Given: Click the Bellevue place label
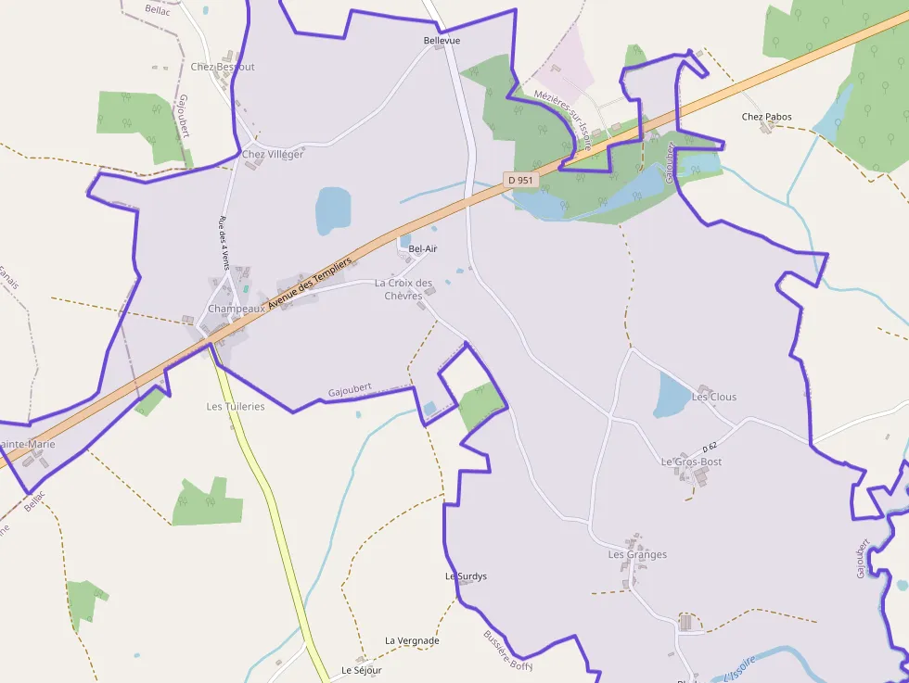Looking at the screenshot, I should [442, 41].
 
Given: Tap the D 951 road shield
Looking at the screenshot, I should [521, 180].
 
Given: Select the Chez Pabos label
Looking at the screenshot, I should [767, 117].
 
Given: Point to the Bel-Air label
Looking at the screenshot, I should [422, 248].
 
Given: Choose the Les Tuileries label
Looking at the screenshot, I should [235, 406].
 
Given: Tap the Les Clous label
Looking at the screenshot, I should [714, 397].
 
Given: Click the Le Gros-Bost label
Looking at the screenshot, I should [691, 462].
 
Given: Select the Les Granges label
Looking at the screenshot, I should [637, 554].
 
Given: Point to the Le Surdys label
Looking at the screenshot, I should [466, 576].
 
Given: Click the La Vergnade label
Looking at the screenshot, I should [412, 640].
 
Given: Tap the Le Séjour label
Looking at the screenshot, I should [361, 669].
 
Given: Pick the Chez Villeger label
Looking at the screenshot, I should [273, 155].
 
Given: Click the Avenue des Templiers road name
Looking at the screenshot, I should [310, 284].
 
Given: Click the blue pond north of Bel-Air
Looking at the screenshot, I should [333, 210].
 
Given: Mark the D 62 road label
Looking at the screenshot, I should [711, 448].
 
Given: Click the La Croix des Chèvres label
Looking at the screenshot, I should [403, 289].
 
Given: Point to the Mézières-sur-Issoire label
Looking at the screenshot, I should [563, 119].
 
